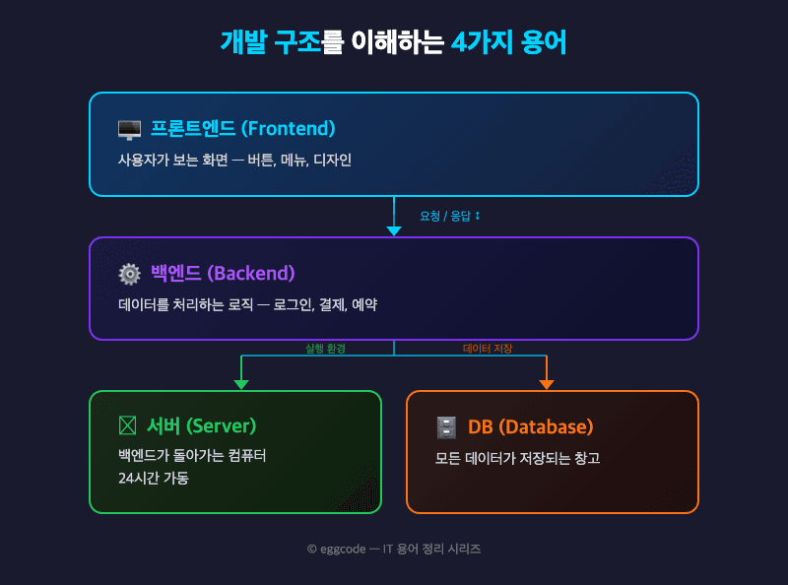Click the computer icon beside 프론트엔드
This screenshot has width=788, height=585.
[x=129, y=129]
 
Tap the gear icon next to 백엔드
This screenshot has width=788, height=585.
[x=129, y=274]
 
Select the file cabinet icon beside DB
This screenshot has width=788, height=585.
[x=446, y=426]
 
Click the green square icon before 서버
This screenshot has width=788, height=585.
[x=127, y=426]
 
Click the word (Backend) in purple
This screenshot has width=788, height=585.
[x=251, y=274]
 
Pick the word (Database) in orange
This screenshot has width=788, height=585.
[x=546, y=426]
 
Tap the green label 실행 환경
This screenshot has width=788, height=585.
[x=325, y=349]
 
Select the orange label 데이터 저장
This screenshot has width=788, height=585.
[x=488, y=349]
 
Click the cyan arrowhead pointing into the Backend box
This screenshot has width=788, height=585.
[x=394, y=230]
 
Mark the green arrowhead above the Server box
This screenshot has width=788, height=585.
[x=241, y=384]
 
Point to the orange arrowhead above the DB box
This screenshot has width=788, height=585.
[x=547, y=384]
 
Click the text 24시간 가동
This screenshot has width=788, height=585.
[x=153, y=479]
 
